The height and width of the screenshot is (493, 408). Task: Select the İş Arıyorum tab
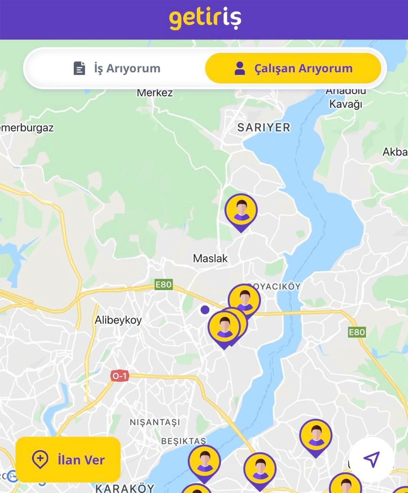tap(117, 68)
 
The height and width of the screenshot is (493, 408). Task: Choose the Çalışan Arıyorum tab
tap(293, 68)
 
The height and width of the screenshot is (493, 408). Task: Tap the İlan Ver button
tap(68, 460)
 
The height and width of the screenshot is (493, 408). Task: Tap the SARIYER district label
tap(264, 127)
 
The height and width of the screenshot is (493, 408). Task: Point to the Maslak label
tap(210, 258)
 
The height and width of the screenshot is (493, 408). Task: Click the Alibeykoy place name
tap(118, 320)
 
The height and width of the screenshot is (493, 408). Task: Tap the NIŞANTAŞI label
tap(155, 422)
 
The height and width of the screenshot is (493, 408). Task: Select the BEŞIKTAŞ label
tap(184, 441)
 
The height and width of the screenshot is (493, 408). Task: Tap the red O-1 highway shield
tap(119, 376)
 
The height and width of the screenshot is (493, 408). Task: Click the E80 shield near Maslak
tap(163, 284)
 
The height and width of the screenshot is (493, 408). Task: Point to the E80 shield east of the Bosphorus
tap(357, 332)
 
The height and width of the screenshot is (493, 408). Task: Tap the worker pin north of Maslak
tap(241, 211)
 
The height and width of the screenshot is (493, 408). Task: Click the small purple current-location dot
tap(205, 310)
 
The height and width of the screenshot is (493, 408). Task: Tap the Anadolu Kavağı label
tap(346, 98)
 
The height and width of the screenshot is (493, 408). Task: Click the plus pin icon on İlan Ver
tap(40, 459)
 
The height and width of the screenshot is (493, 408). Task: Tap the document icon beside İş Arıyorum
tap(79, 68)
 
